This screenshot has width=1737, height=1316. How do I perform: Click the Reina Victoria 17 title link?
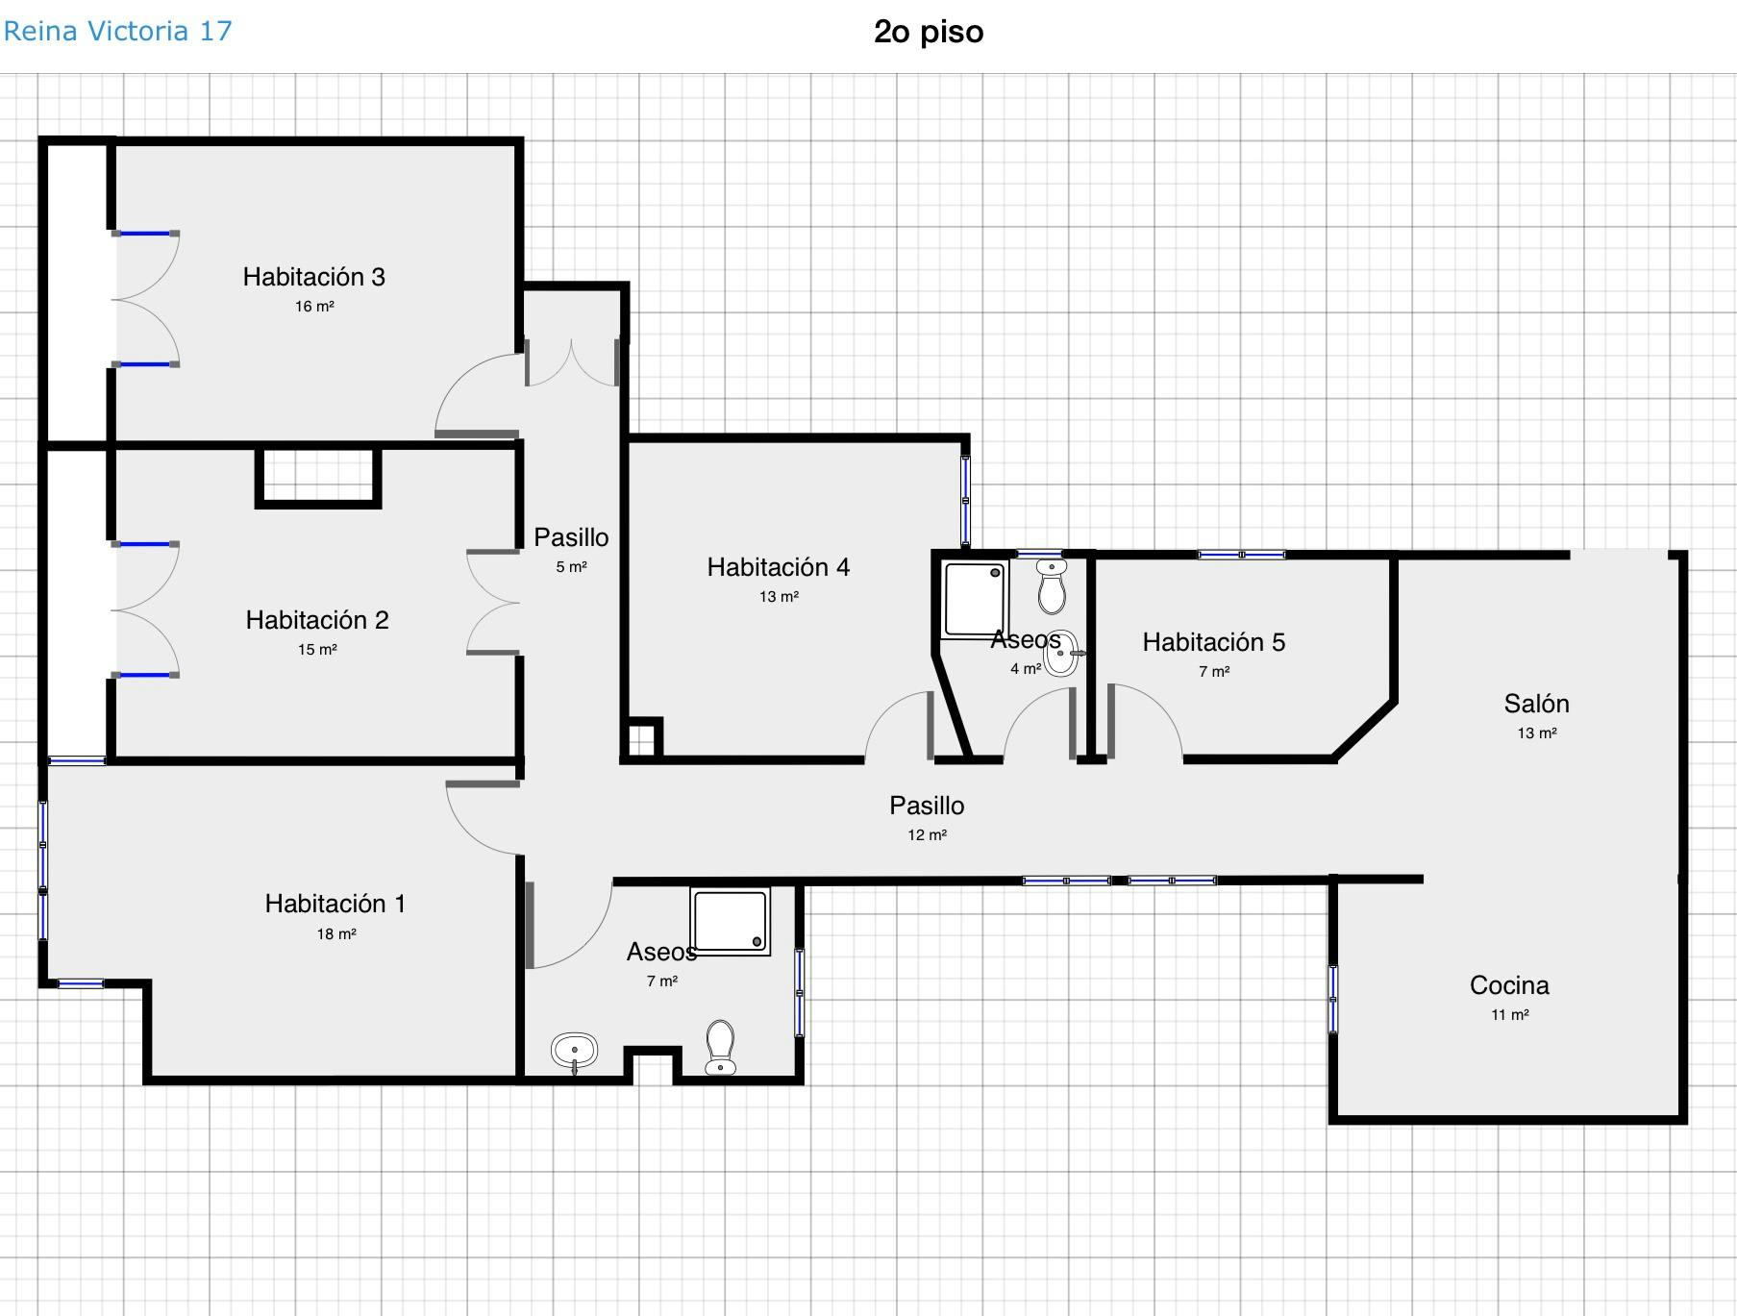click(117, 31)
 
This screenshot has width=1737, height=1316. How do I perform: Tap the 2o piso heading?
click(929, 32)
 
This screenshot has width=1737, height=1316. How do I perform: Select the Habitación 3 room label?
click(313, 277)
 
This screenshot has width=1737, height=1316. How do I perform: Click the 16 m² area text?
click(314, 307)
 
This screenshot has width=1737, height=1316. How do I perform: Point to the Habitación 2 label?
click(317, 620)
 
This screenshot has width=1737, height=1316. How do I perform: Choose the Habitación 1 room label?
click(335, 904)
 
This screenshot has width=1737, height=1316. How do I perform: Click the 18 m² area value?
click(336, 933)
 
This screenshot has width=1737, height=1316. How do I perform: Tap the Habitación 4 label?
click(779, 567)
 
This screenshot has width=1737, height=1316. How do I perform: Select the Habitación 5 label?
click(1213, 642)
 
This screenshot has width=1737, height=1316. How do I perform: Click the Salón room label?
click(1536, 704)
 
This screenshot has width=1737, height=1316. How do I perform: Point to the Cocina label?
click(1509, 985)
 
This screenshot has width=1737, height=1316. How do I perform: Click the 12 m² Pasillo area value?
click(927, 835)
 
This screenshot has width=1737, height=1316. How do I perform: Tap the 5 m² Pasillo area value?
click(571, 567)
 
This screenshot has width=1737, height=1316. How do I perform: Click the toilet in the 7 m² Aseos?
click(720, 1048)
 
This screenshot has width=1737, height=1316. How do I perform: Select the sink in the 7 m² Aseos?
click(575, 1052)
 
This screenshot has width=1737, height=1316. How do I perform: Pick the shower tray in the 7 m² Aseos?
click(731, 921)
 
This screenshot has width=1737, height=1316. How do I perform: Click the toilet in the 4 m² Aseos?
click(1052, 586)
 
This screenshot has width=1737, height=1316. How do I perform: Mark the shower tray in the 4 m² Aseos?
click(976, 599)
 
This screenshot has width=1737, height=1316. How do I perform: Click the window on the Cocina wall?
click(1333, 999)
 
